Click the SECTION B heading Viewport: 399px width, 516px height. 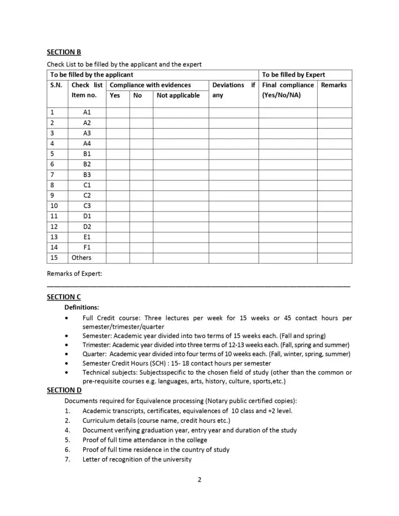coord(64,52)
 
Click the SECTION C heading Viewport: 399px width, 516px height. coord(64,297)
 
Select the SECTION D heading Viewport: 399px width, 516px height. coord(64,390)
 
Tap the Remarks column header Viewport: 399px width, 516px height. coord(334,85)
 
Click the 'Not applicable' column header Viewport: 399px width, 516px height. coord(178,95)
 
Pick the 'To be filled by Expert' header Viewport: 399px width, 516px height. coord(294,75)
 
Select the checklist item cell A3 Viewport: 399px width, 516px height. coord(87,133)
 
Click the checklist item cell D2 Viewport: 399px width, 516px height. coord(87,226)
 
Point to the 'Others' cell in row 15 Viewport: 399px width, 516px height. coord(82,257)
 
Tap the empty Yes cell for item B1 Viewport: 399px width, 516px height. coord(118,154)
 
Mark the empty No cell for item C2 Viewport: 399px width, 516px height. coord(141,195)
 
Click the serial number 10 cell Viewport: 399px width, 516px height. coord(55,206)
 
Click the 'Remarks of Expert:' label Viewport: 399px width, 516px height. coord(74,274)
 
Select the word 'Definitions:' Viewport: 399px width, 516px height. coord(82,307)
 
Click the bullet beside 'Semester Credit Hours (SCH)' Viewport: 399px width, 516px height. coord(68,363)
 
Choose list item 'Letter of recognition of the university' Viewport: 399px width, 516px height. coord(137,459)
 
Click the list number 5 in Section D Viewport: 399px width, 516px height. coord(67,440)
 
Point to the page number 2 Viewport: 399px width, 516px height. coord(199,480)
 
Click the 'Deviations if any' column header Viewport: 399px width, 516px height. coord(234,90)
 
